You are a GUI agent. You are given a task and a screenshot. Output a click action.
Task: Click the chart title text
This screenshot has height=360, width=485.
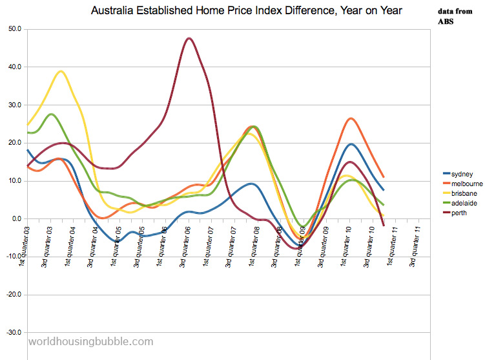tap(246, 11)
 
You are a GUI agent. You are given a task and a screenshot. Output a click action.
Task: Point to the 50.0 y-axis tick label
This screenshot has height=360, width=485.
tap(14, 30)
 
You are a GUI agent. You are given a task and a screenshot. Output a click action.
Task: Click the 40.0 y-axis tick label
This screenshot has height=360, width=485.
tap(14, 67)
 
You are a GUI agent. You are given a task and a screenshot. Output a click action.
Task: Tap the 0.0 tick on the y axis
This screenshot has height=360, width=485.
tap(15, 219)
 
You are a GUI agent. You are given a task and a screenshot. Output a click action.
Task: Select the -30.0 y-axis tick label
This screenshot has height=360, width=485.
tap(12, 333)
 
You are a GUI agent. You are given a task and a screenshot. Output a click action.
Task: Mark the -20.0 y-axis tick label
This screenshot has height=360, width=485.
tap(12, 295)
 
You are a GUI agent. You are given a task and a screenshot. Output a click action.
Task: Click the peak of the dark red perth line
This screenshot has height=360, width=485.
tap(189, 38)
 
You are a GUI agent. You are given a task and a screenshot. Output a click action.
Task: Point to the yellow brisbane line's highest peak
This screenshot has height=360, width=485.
tap(61, 71)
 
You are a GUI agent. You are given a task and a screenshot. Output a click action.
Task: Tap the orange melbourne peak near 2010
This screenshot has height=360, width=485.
tap(350, 118)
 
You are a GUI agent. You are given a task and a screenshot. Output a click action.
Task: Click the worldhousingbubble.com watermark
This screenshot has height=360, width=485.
tap(90, 341)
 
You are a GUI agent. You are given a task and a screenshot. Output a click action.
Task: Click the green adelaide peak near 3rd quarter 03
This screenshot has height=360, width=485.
tap(52, 114)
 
